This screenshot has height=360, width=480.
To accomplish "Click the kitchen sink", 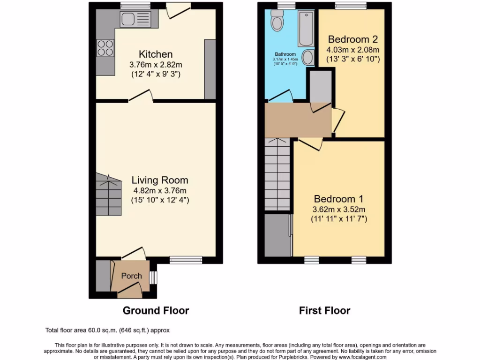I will click(135, 19).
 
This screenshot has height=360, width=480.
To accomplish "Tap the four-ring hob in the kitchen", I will click(105, 48).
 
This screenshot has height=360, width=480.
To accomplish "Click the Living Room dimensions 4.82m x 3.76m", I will click(160, 190).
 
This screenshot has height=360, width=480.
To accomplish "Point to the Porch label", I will click(131, 276).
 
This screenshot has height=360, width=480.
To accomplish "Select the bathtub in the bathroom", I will click(306, 28).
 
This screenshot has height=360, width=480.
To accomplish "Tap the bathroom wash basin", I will click(308, 58).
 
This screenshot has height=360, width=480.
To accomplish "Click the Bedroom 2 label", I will click(352, 39).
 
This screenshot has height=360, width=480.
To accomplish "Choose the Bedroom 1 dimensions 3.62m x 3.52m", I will click(338, 209).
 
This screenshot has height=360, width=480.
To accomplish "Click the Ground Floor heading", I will click(156, 310).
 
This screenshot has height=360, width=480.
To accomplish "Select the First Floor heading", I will click(324, 310).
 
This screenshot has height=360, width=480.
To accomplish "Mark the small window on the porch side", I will click(152, 277).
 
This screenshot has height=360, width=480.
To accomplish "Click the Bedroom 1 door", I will click(310, 143).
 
